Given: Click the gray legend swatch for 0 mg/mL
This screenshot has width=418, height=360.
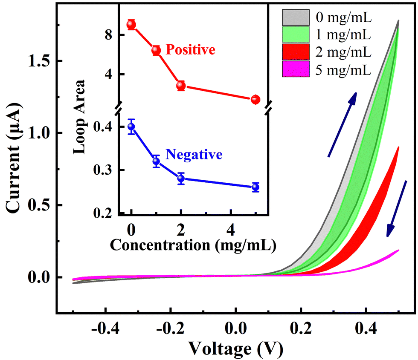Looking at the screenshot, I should pyautogui.click(x=295, y=18).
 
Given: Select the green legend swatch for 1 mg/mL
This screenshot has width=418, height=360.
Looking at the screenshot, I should pyautogui.click(x=295, y=35).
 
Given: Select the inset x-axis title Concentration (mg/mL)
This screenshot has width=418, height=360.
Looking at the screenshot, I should pyautogui.click(x=193, y=245).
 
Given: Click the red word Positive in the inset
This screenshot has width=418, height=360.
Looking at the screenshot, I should pyautogui.click(x=190, y=50).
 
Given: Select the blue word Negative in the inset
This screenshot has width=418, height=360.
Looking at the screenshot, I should pyautogui.click(x=194, y=154).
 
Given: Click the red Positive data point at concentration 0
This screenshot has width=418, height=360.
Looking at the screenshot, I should pyautogui.click(x=131, y=24).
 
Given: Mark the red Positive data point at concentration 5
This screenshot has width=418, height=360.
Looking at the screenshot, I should pyautogui.click(x=255, y=99).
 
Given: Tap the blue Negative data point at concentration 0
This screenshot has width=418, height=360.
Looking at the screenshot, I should pyautogui.click(x=131, y=126).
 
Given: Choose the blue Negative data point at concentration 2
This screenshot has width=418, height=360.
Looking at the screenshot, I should pyautogui.click(x=181, y=179).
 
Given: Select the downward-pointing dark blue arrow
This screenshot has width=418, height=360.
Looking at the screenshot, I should pyautogui.click(x=397, y=209).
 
